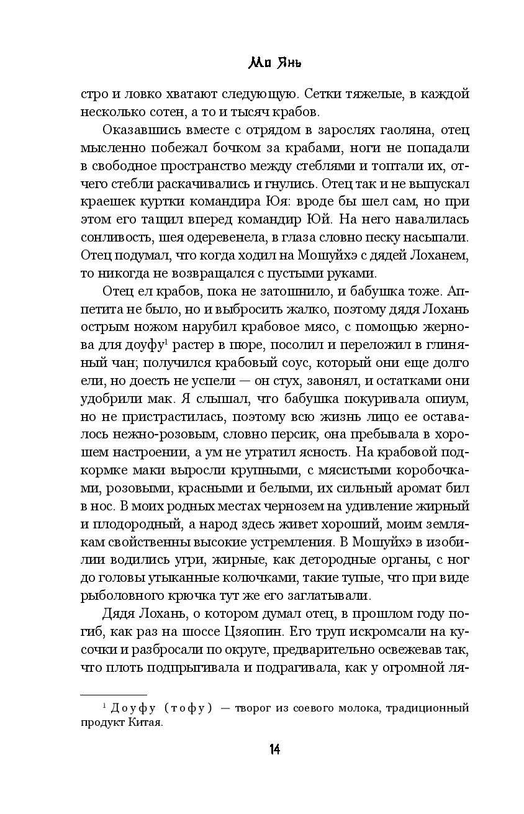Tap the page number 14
pos(274,750)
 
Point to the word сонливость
pos(112,238)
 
